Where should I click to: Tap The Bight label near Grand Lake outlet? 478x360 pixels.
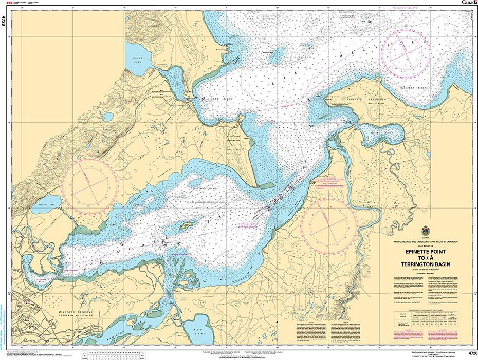click(x=216, y=99)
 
